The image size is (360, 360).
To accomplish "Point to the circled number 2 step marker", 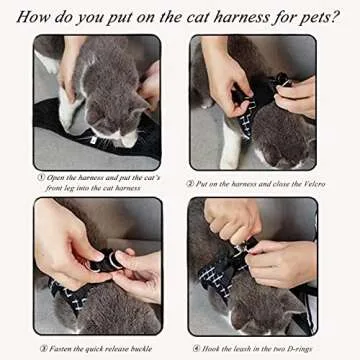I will click(190, 183).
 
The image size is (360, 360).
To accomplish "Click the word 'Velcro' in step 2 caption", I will click(307, 183).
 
